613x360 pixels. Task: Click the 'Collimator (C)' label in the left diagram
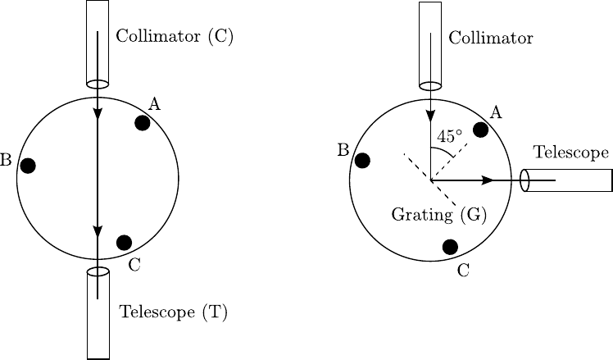tap(175, 37)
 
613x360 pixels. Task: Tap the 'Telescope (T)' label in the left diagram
tap(173, 312)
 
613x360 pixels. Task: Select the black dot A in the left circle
tap(142, 123)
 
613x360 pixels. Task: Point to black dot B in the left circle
tap(28, 166)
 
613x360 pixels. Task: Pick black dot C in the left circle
tap(124, 242)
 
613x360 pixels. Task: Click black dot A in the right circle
tap(481, 130)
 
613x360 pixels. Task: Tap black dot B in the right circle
tap(362, 161)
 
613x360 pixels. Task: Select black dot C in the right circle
tap(449, 246)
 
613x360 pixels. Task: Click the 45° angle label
tap(449, 136)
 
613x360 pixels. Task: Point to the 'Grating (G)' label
tap(439, 215)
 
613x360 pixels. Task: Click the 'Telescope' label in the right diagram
tap(570, 153)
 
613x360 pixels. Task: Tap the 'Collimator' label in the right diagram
tap(491, 39)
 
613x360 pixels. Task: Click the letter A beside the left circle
tap(154, 103)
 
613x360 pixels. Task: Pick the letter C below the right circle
tap(463, 270)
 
